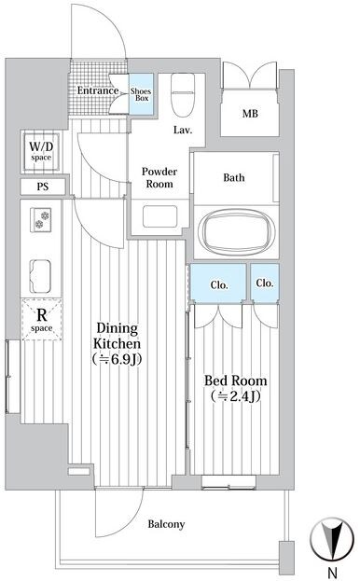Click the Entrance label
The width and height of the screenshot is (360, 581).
click(98, 90)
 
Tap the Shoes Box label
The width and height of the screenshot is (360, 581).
click(141, 94)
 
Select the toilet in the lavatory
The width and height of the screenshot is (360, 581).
click(183, 95)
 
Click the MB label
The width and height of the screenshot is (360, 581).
click(250, 114)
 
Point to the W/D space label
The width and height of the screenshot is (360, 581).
click(41, 151)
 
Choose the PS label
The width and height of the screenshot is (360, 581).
click(43, 187)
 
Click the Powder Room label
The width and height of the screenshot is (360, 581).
click(159, 177)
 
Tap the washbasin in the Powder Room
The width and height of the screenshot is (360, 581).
click(160, 216)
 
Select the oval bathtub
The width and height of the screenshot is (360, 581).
click(236, 231)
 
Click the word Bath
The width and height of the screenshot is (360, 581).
click(234, 177)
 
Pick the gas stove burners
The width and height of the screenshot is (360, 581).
click(41, 220)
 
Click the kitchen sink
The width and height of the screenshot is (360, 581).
click(40, 276)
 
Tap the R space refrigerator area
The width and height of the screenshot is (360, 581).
click(41, 319)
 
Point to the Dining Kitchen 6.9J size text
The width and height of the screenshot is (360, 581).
click(117, 359)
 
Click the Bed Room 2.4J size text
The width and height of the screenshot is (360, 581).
click(236, 396)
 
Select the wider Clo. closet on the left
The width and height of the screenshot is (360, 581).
click(218, 284)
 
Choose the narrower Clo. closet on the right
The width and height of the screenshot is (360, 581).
click(265, 284)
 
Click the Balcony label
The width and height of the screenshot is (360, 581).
click(166, 524)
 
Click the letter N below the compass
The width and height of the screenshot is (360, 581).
click(333, 574)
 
